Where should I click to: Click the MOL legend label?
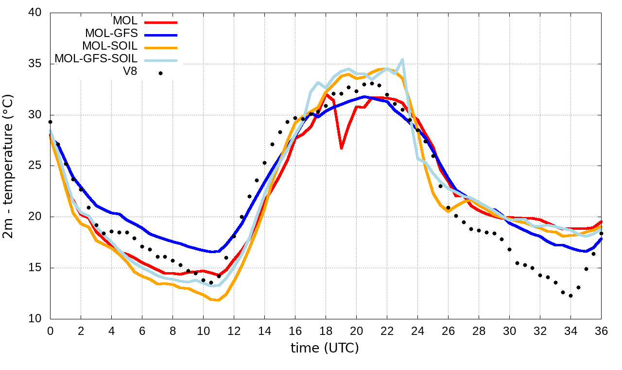[125, 21]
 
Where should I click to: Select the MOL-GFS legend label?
[111, 34]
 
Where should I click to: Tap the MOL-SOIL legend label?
[110, 46]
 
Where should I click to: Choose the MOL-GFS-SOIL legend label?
[96, 59]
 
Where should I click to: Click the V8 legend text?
[130, 72]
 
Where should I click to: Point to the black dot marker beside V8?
[160, 74]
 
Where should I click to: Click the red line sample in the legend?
[161, 22]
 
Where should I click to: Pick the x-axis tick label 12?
[234, 331]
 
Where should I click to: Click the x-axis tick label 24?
[417, 331]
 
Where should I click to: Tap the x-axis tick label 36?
[601, 331]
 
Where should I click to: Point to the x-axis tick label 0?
[50, 331]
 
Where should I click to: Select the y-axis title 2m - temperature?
[9, 166]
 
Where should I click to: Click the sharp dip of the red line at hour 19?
[341, 148]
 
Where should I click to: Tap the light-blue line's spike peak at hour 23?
[402, 59]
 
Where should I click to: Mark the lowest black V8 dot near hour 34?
[570, 296]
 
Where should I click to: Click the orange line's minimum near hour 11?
[218, 300]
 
